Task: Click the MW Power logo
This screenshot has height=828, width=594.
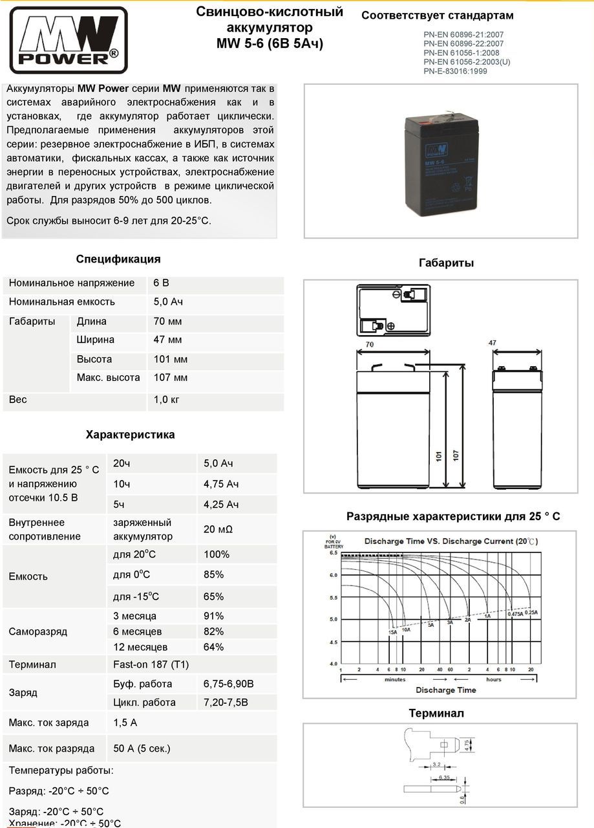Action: tap(68, 40)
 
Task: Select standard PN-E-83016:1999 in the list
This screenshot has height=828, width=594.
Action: tap(455, 71)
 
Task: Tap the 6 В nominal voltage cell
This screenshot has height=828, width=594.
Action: tap(162, 283)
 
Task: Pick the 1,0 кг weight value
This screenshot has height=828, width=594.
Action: tap(166, 400)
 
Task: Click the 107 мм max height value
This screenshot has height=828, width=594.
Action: tap(171, 377)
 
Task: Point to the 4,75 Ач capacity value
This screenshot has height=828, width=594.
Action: tap(221, 484)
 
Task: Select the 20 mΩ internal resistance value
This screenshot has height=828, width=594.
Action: tap(218, 529)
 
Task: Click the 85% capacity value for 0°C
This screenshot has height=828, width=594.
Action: tap(213, 574)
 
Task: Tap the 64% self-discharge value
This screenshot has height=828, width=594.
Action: tap(213, 647)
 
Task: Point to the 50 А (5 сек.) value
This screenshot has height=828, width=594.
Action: tap(142, 748)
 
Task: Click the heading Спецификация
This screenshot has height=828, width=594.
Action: tap(118, 259)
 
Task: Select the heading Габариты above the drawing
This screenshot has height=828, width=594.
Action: tap(446, 263)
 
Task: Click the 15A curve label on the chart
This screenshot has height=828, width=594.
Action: tap(393, 632)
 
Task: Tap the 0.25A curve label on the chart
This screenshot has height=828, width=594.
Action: tap(531, 612)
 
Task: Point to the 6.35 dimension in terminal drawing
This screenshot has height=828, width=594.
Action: tap(443, 776)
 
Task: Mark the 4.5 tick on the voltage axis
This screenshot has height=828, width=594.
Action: tap(334, 642)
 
